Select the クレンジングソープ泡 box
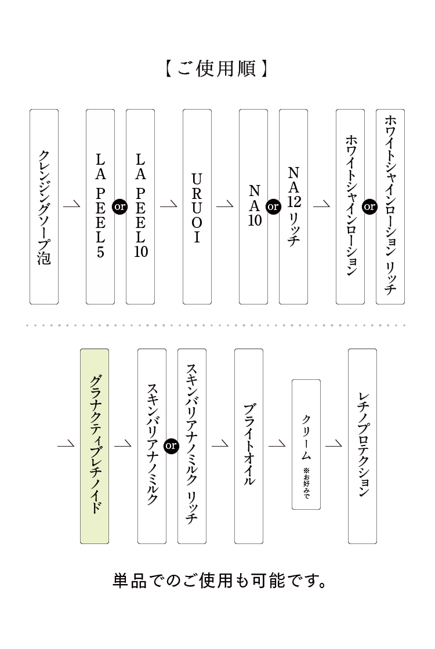tap(44, 206)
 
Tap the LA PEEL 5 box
tap(100, 206)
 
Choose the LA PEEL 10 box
tap(140, 206)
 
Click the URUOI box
tap(197, 206)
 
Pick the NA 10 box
tap(253, 206)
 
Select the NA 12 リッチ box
tap(293, 206)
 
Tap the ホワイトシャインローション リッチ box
tap(390, 206)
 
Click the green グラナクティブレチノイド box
tap(95, 446)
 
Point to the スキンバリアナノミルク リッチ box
tap(192, 446)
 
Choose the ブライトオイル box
tap(248, 446)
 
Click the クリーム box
tap(306, 444)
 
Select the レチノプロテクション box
tap(362, 446)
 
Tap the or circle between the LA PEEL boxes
tap(120, 206)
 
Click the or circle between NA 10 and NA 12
tap(273, 206)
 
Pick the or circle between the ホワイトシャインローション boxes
tap(370, 206)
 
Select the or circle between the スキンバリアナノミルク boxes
tap(171, 446)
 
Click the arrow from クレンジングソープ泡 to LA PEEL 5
tap(72, 205)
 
